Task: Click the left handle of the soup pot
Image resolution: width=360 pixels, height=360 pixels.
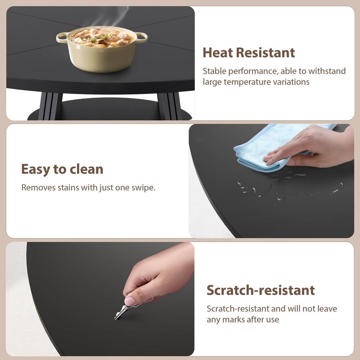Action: point(62,38)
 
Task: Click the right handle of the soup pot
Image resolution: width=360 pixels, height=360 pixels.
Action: point(141,37)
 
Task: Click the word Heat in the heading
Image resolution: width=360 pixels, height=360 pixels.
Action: point(218,53)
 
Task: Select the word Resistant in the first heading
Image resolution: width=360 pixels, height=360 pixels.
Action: point(265,53)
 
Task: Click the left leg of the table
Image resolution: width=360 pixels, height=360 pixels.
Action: point(50,106)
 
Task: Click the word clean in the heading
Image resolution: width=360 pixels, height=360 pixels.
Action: point(86,169)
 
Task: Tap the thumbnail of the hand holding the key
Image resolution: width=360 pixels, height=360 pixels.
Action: point(130,301)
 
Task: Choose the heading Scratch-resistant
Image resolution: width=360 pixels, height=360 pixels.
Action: point(261,290)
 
